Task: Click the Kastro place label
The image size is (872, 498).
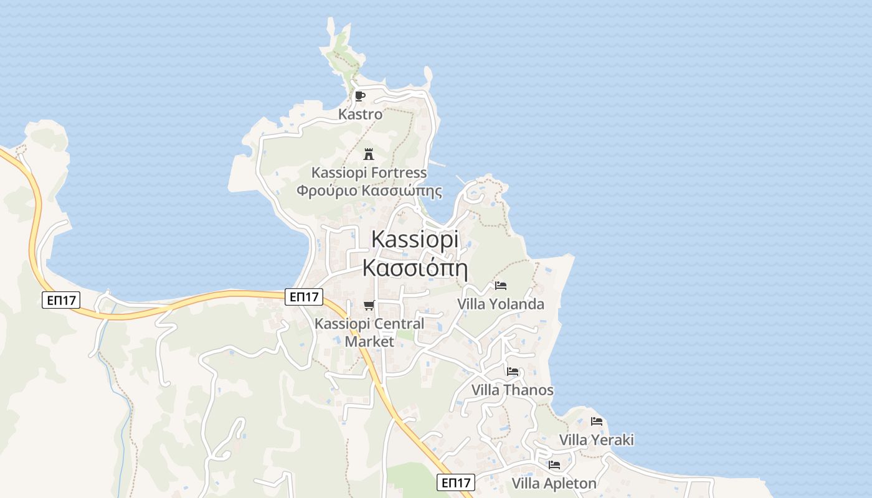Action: [360, 115]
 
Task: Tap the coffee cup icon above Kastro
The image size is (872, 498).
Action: [359, 96]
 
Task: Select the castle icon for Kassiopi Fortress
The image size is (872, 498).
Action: [369, 154]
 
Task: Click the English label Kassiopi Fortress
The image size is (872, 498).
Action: [369, 172]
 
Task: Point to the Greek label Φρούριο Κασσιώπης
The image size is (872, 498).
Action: [369, 190]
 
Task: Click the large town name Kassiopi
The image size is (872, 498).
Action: [415, 240]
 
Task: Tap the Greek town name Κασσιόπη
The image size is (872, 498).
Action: [415, 268]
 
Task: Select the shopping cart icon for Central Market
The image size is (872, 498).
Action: [369, 305]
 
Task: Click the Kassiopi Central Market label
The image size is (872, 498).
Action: [369, 332]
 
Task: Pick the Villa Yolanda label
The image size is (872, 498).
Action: [500, 304]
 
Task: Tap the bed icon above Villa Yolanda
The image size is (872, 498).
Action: [500, 286]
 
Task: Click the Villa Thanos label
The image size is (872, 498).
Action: [512, 390]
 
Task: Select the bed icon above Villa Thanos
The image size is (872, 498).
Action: [512, 372]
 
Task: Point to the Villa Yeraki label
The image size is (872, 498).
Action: [596, 440]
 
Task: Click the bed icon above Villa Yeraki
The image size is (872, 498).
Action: [596, 421]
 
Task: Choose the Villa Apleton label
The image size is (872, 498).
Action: [554, 483]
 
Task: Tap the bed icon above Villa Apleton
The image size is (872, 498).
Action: [554, 465]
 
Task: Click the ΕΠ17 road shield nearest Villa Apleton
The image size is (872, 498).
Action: [455, 482]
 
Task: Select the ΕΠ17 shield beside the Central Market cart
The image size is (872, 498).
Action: [305, 297]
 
